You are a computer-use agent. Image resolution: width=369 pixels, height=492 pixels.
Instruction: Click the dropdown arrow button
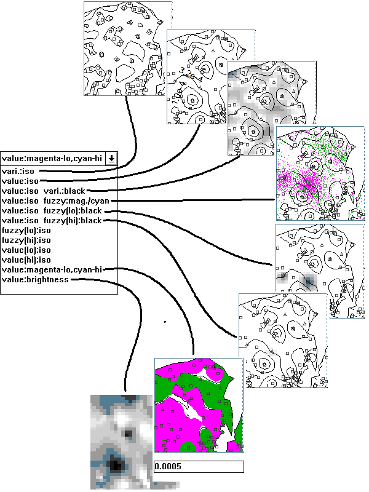(x=111, y=159)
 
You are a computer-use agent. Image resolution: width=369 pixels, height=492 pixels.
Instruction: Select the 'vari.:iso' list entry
(x=18, y=172)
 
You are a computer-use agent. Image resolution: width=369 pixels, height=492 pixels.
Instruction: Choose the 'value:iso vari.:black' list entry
(x=43, y=191)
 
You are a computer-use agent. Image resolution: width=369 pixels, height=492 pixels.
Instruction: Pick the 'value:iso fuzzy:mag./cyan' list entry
(x=55, y=201)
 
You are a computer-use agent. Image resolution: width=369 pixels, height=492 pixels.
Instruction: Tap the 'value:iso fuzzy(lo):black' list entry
(x=52, y=210)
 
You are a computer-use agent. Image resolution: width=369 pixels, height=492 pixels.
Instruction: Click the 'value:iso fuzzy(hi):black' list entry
(x=52, y=220)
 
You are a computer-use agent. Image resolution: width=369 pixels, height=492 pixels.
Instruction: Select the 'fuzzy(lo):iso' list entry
(x=26, y=230)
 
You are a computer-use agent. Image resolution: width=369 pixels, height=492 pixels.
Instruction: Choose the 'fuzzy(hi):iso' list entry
(x=26, y=240)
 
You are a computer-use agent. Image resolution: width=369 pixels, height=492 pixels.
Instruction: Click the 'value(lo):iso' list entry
(x=26, y=250)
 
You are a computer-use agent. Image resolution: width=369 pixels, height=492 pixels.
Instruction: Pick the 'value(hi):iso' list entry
(x=26, y=260)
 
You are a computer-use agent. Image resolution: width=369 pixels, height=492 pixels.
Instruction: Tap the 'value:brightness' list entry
(x=35, y=279)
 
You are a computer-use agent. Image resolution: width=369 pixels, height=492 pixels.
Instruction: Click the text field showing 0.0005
(x=199, y=466)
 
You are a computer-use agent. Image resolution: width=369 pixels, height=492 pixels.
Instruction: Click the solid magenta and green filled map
(x=199, y=405)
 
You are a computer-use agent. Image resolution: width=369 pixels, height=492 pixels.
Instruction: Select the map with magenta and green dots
(x=320, y=173)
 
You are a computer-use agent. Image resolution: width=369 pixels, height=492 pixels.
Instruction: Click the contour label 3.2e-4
(x=191, y=74)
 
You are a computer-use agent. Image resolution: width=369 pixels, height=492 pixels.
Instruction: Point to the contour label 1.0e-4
(x=178, y=93)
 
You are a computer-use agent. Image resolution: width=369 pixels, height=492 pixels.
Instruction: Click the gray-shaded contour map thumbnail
(x=272, y=108)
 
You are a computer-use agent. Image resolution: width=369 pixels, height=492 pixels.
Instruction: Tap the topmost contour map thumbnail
(x=128, y=49)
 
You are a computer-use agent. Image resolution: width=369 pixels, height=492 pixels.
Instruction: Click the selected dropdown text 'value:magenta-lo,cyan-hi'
(x=52, y=159)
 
